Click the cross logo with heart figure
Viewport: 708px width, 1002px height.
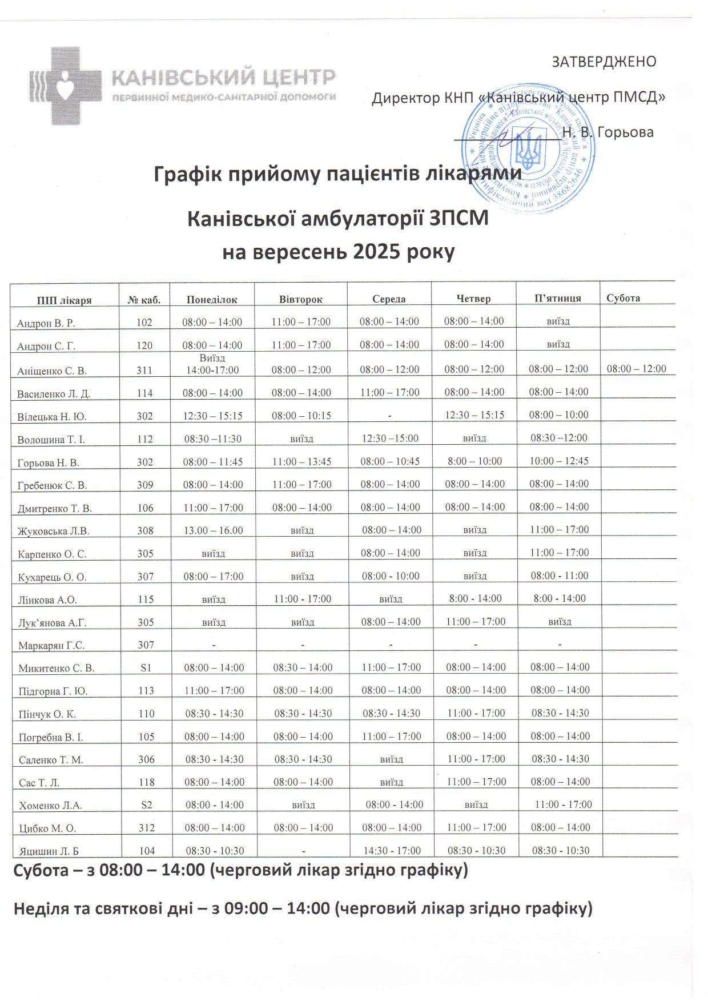(x=65, y=86)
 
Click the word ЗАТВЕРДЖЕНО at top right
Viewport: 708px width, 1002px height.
(x=604, y=62)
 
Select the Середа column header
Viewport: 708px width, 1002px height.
(x=389, y=299)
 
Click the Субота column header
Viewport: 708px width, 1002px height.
(x=623, y=298)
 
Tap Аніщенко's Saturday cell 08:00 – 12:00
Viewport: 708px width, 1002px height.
(x=636, y=369)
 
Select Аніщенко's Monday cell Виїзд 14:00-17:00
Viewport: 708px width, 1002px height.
(x=212, y=364)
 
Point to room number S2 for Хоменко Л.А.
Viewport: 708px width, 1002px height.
(x=146, y=805)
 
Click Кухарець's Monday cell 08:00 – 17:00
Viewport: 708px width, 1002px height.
(x=214, y=577)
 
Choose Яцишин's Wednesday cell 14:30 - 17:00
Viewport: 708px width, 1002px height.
(x=392, y=851)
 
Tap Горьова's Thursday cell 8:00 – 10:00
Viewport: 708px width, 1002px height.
(x=474, y=461)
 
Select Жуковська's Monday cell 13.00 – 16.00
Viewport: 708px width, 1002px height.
(x=213, y=530)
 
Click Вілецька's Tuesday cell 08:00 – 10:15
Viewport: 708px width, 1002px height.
(x=301, y=416)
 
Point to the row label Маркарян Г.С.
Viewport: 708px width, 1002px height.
(x=51, y=646)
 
